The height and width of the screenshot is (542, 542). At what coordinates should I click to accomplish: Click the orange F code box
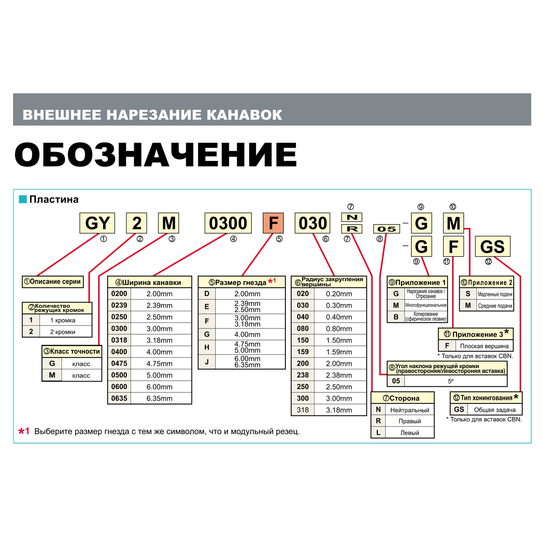tap(273, 223)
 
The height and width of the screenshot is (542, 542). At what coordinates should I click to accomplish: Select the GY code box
tap(97, 223)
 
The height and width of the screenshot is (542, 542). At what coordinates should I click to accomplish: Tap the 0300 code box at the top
tap(228, 223)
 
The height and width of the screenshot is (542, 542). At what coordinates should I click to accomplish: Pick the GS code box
tap(492, 246)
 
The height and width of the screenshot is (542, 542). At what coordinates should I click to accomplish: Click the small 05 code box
tap(386, 229)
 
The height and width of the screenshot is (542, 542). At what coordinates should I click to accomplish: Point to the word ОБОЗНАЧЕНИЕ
tap(155, 154)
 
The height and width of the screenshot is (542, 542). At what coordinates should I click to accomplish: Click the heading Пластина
tap(54, 199)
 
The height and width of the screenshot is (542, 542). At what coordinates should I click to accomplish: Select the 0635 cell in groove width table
tap(119, 398)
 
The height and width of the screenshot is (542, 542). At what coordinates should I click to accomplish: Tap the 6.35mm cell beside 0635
tap(159, 398)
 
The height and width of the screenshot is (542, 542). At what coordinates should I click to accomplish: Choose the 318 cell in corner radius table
tap(303, 410)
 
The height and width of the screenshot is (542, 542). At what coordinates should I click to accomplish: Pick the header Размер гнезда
tap(241, 282)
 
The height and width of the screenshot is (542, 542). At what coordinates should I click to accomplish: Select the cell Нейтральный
tap(409, 410)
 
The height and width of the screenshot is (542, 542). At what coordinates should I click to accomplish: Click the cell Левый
tap(409, 433)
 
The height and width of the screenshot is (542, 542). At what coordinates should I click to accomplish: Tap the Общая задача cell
tap(494, 409)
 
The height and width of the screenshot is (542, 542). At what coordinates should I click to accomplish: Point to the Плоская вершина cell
tap(484, 346)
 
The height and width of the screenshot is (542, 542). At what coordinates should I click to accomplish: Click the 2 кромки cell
tap(63, 332)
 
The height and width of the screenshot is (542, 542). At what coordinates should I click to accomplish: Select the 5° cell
tap(451, 381)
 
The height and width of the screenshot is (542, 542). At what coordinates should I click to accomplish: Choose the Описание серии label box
tap(53, 281)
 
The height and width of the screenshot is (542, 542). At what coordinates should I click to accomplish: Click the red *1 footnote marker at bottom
tap(24, 431)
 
